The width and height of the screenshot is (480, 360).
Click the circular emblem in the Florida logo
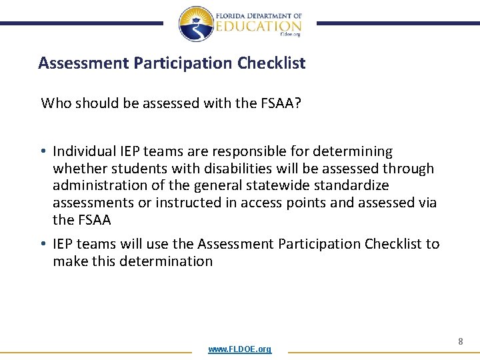[197, 24]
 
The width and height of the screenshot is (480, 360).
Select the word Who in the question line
[55, 103]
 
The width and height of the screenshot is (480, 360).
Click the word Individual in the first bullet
[82, 152]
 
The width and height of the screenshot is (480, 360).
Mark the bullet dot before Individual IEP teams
[44, 153]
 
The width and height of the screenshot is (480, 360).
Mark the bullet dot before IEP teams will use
[44, 245]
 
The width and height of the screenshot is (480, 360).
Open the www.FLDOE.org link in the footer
[239, 349]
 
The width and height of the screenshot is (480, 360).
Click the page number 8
[460, 341]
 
